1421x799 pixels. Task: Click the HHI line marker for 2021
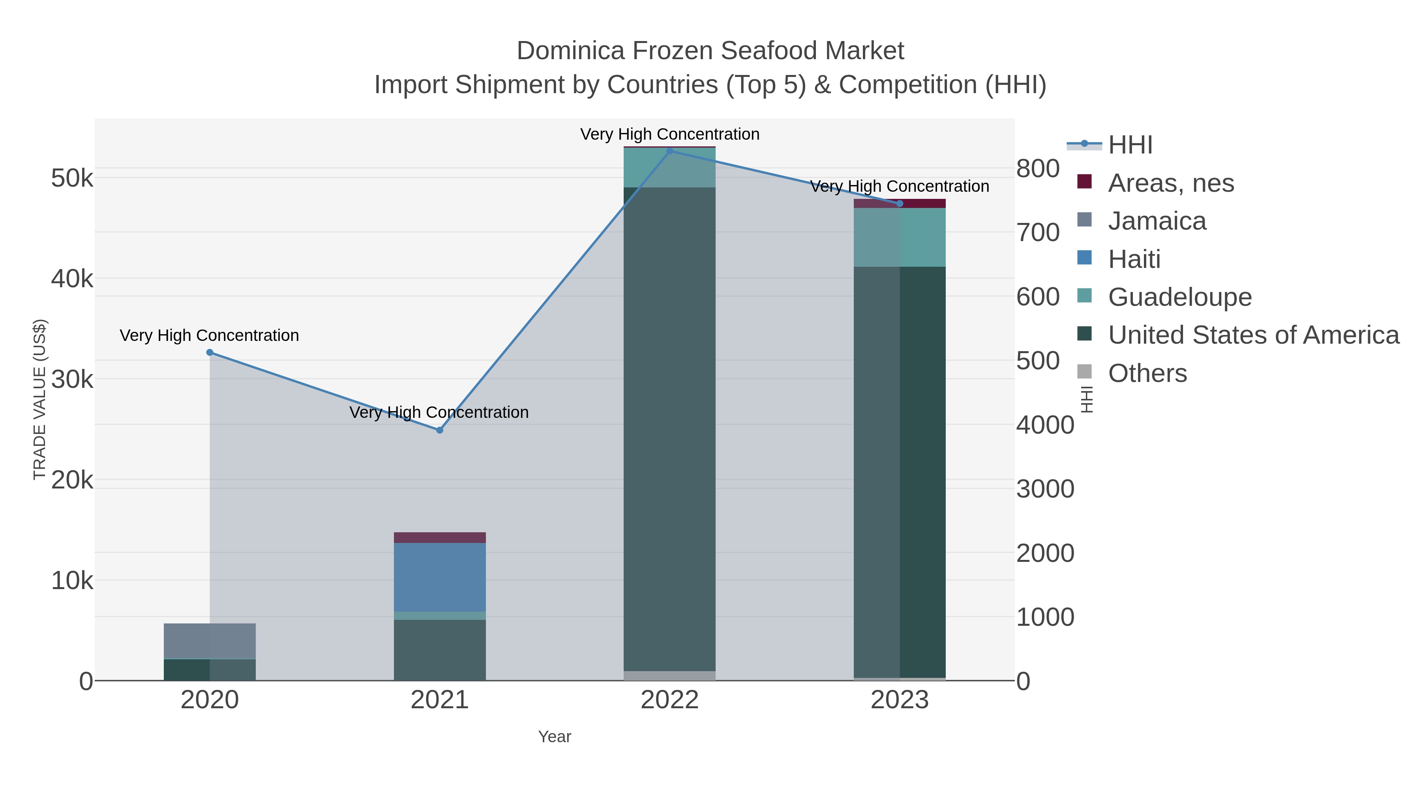tap(440, 430)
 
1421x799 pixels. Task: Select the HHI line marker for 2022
tap(670, 151)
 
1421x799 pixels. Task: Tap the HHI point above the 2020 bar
tap(210, 352)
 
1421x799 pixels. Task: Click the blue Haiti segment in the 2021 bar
tap(440, 577)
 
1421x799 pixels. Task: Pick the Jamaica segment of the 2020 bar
tap(210, 641)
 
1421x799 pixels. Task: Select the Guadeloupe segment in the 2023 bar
tap(900, 237)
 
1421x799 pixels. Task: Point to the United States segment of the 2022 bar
tap(670, 430)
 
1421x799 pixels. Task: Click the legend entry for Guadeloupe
tap(1179, 297)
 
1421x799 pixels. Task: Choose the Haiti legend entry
tap(1134, 259)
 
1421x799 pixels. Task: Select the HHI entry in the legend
tap(1130, 145)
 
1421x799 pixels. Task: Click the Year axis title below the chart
tap(555, 737)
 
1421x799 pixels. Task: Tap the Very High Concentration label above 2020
tap(210, 335)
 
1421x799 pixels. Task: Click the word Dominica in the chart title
tap(570, 51)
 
